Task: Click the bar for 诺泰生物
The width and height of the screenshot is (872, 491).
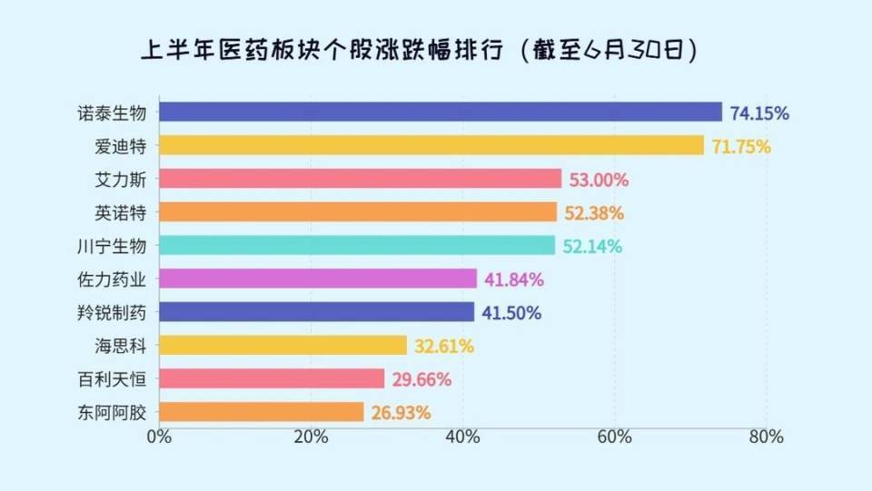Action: point(441,112)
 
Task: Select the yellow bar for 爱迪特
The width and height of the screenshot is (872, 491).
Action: point(431,145)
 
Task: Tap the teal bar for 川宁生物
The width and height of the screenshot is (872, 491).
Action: point(357,245)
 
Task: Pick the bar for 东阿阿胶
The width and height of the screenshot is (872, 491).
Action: point(262,412)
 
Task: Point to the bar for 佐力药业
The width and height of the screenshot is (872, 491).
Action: point(318,279)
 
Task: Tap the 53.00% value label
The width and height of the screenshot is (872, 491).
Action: point(599,180)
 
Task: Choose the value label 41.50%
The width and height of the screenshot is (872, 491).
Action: point(511,312)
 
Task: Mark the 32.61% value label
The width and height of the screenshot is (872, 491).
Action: point(444,346)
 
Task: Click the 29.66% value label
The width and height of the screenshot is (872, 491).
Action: point(422,379)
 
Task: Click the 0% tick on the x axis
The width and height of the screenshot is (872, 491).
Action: point(159,437)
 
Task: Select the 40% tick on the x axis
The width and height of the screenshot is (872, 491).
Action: point(462,437)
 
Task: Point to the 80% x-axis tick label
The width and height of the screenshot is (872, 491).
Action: point(766,437)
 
